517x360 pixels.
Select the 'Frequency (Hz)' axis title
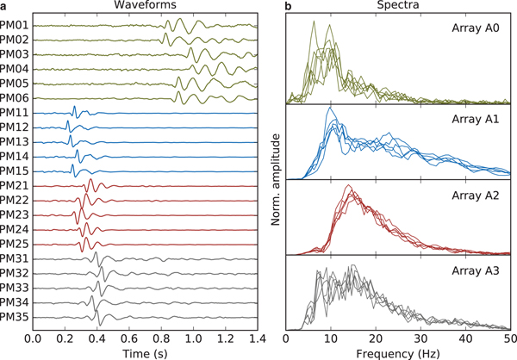(x=399, y=353)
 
